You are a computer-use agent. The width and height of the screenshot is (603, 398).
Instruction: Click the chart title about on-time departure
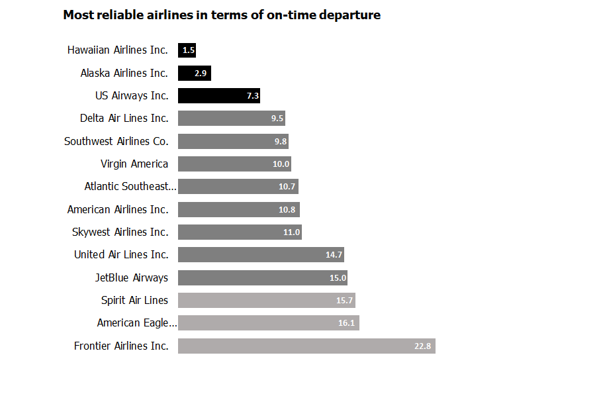(222, 15)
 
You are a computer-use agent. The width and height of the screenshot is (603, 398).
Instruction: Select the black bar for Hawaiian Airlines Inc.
(187, 50)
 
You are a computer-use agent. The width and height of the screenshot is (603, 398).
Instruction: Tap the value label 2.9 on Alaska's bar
(201, 74)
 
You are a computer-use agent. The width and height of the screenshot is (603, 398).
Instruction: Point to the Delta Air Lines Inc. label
(124, 118)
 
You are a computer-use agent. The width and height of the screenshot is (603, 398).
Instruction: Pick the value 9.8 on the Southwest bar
(281, 142)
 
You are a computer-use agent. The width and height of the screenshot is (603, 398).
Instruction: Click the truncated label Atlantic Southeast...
(130, 187)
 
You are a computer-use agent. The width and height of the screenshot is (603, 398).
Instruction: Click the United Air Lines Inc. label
(121, 254)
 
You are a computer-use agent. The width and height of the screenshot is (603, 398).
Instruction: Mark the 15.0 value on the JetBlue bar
(338, 278)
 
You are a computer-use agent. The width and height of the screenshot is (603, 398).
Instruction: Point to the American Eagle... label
(137, 323)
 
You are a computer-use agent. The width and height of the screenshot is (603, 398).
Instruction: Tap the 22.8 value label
(422, 346)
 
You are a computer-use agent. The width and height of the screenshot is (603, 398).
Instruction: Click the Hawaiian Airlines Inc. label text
(118, 50)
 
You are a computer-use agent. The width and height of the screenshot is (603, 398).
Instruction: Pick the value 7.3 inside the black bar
(252, 96)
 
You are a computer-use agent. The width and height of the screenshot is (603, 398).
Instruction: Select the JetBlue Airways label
(132, 277)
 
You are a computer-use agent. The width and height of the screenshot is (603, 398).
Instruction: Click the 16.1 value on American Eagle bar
(346, 323)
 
